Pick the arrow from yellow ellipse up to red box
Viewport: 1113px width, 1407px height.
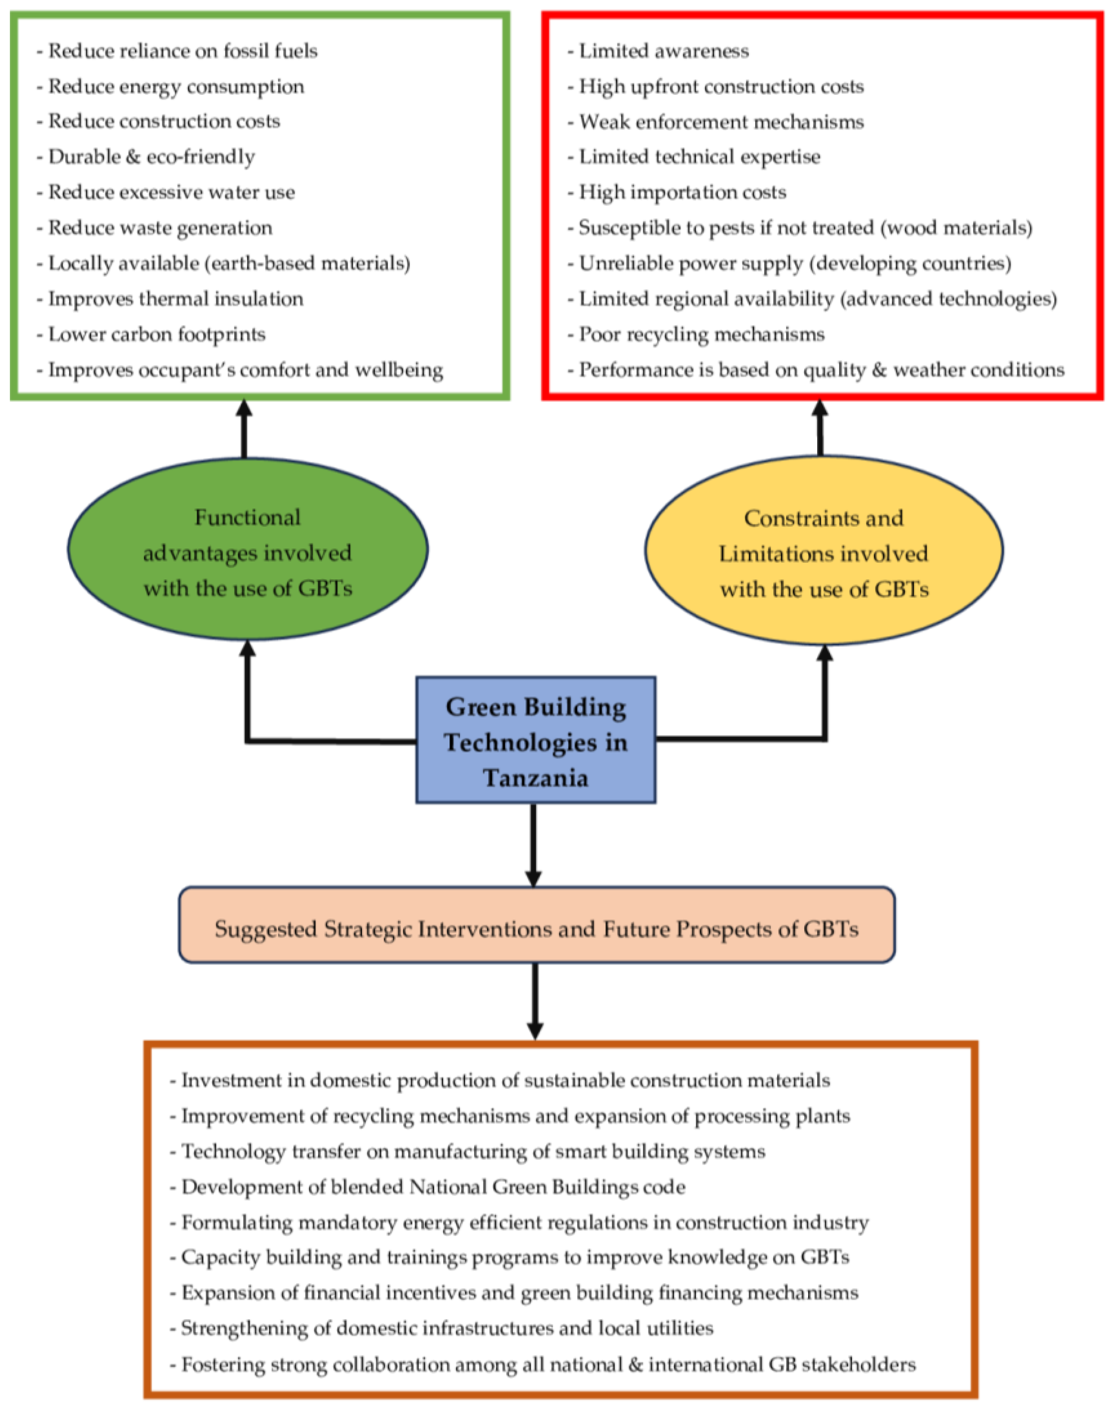(820, 428)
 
